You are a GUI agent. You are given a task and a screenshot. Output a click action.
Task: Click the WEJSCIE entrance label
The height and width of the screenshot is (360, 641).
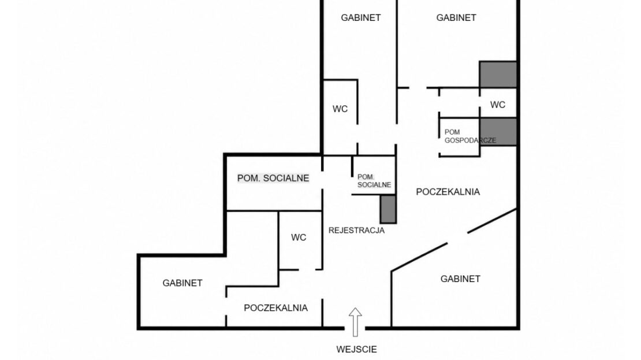click(x=356, y=350)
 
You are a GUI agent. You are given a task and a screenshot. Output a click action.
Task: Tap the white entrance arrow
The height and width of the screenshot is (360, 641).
click(x=355, y=322)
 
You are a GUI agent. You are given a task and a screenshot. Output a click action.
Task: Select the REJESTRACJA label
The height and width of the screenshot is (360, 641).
click(x=356, y=231)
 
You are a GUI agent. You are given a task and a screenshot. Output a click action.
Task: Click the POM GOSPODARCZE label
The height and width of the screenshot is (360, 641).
click(x=470, y=136)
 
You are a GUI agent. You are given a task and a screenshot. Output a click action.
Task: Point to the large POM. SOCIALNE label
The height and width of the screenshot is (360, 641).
click(x=273, y=178)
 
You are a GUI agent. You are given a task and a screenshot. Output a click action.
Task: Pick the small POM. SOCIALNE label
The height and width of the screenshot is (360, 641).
click(x=374, y=181)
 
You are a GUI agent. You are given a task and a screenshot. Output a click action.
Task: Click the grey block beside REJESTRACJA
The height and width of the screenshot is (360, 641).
click(x=389, y=209)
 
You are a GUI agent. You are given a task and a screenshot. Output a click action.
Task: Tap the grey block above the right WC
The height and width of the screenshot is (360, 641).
click(x=498, y=75)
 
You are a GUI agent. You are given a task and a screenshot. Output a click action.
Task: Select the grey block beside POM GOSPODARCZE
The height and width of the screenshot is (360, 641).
click(x=498, y=132)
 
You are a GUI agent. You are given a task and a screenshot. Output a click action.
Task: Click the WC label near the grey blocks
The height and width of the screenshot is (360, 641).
click(x=498, y=105)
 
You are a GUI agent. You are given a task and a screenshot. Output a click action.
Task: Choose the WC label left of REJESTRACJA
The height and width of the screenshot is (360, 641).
click(x=299, y=237)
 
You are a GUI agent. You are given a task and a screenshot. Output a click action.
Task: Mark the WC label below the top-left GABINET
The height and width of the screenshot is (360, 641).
click(x=340, y=109)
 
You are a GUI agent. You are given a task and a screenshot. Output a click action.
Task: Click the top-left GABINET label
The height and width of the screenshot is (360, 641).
click(x=360, y=17)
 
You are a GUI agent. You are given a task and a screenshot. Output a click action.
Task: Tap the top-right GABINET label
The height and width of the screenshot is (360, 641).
click(x=456, y=17)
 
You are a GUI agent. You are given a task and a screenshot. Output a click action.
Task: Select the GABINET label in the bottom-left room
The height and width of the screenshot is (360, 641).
click(x=182, y=283)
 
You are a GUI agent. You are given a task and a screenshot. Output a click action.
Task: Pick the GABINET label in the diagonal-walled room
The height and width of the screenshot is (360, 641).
click(x=460, y=279)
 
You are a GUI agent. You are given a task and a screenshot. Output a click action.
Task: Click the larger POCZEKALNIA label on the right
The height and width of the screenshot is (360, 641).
click(x=448, y=192)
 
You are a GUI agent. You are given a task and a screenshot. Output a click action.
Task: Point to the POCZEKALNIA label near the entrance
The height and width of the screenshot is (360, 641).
click(x=275, y=307)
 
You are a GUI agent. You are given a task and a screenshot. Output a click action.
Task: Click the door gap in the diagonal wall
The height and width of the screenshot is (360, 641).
click(x=457, y=238)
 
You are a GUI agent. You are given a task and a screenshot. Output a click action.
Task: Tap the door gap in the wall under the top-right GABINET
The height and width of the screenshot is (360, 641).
click(x=418, y=88)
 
